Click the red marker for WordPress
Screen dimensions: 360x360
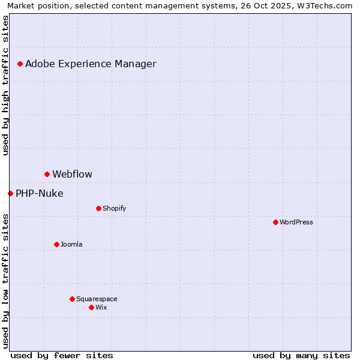pos(275,222)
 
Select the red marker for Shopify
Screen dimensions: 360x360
pos(98,208)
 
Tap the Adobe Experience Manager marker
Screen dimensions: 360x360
pos(20,64)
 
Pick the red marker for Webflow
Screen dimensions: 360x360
pos(47,174)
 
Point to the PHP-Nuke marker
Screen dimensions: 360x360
pos(10,193)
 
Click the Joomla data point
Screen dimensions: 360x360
pos(56,244)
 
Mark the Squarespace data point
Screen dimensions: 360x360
pos(72,299)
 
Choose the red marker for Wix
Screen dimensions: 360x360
pos(91,307)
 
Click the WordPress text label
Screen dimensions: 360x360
pos(296,222)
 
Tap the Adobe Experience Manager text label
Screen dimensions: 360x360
pos(91,64)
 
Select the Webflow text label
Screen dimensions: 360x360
pos(72,174)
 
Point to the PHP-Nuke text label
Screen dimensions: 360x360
pos(39,193)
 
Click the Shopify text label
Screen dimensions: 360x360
pos(114,208)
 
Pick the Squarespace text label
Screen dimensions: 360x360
pos(97,299)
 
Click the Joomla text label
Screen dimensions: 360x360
pos(71,244)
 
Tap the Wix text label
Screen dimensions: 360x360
pos(101,307)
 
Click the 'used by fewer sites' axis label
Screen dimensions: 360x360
pos(62,355)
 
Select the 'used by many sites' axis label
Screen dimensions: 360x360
pos(301,355)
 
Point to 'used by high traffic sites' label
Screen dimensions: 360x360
pos(5,85)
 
